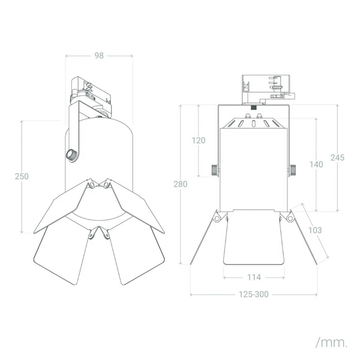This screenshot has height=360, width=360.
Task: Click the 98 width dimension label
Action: click(99, 56)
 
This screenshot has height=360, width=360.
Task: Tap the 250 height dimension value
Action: click(22, 176)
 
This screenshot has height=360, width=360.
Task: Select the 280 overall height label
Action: click(181, 184)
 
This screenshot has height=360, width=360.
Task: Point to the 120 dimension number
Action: click(199, 140)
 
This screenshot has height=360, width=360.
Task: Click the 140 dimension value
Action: click(316, 164)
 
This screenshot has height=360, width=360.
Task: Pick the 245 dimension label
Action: click(337, 157)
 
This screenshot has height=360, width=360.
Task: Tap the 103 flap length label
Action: click(315, 230)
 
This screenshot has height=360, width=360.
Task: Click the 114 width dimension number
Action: click(254, 277)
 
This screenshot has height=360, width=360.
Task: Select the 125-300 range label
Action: click(254, 295)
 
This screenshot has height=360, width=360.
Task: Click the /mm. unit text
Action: click(331, 343)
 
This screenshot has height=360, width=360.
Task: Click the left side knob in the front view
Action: click(214, 170)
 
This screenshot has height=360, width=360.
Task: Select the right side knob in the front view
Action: click(293, 170)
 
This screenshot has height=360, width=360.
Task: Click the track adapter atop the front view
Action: click(268, 89)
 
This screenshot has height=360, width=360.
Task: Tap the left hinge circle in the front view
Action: click(217, 218)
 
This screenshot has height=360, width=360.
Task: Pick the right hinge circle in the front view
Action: click(290, 218)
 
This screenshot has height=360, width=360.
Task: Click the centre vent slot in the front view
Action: click(253, 124)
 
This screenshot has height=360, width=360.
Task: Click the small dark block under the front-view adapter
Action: click(253, 107)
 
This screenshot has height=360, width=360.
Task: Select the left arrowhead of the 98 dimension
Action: click(67, 56)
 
